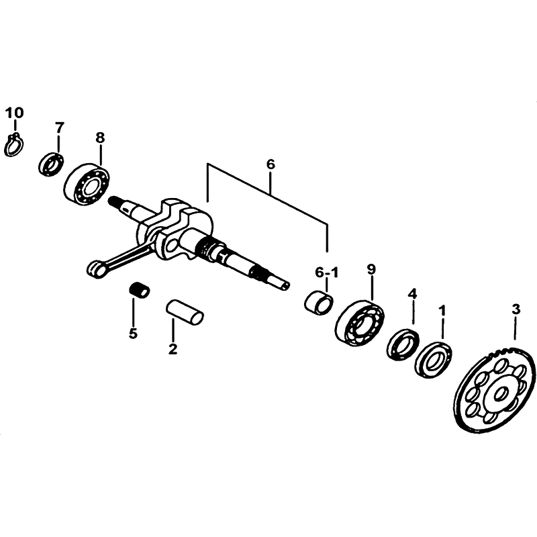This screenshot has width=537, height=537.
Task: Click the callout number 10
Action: pos(14,112)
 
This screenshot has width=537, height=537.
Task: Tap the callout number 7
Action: pos(59,128)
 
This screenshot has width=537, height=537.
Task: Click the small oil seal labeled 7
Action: pos(50,164)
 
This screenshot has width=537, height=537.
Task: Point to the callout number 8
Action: pos(99,138)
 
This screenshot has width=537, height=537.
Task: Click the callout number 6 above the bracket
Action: pos(271,164)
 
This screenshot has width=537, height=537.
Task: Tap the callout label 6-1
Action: pos(326,273)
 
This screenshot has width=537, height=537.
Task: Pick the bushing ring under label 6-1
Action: pos(318,302)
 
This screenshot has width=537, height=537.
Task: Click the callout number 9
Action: pos(371,269)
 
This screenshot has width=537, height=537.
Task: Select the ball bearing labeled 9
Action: pos(360,323)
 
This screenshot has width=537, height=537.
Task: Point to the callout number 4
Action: pos(413,293)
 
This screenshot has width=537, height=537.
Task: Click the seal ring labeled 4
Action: pos(403,344)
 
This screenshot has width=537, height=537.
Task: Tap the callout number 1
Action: pos(442,311)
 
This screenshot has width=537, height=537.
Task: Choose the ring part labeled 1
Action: pos(433,360)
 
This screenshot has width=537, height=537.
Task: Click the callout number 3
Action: pos(516,309)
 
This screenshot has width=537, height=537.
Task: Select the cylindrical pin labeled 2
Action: pos(185,312)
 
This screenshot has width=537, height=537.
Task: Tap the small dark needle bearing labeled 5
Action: pos(139,290)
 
